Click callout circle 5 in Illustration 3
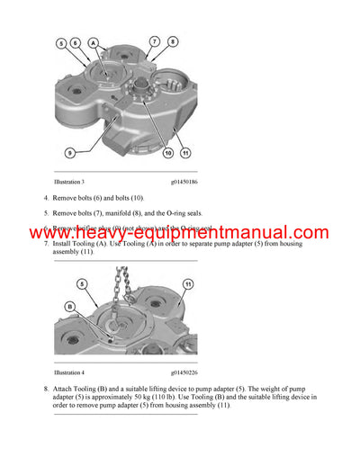61,42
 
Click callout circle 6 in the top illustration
76,42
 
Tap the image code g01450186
184,183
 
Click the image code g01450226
184,372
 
